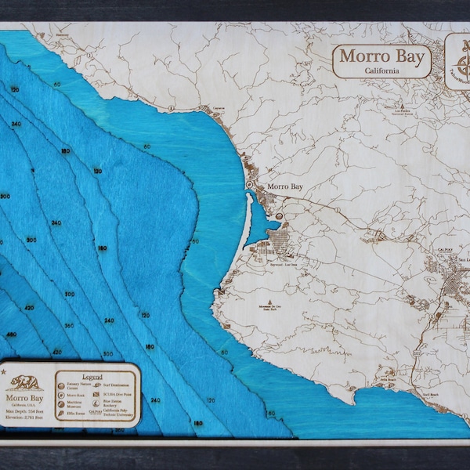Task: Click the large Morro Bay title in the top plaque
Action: tap(381, 57)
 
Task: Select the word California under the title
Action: tap(381, 70)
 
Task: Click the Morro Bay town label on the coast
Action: tap(284, 186)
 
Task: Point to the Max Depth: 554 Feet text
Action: tap(26, 411)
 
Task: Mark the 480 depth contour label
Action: tap(12, 334)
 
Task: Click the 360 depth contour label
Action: tap(69, 325)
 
